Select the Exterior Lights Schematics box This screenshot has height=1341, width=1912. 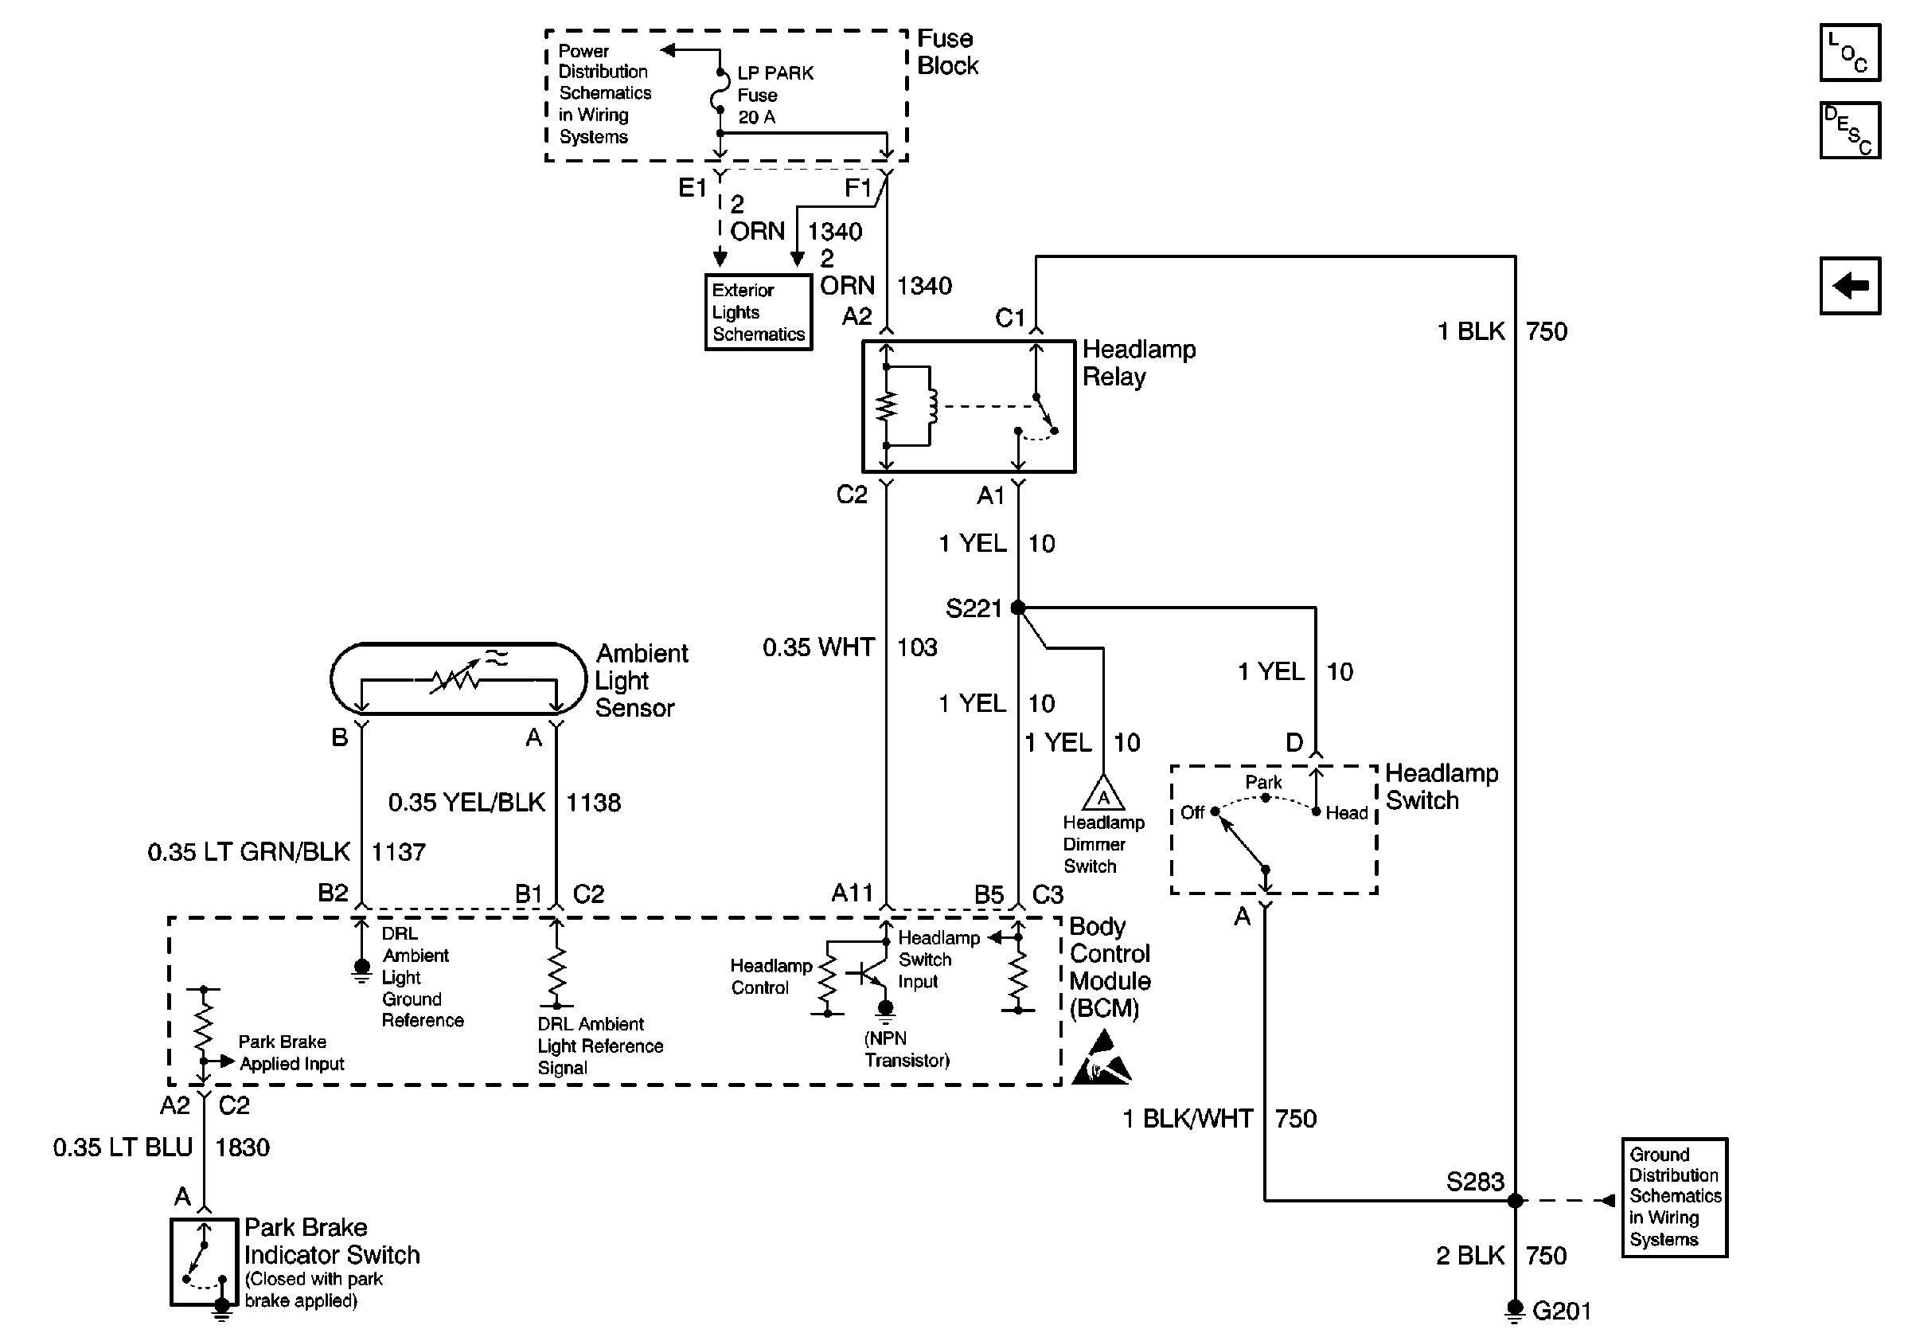[758, 312]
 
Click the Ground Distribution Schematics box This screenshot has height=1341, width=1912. [1674, 1197]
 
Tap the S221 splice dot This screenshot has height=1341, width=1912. [1017, 608]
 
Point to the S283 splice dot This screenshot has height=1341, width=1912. [1515, 1200]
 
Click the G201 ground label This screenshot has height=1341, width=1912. [1562, 1311]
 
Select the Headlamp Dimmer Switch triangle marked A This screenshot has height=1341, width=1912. [1103, 794]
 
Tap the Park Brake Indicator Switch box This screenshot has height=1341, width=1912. [204, 1262]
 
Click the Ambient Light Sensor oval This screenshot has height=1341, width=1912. [458, 678]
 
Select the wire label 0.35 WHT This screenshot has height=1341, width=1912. [817, 647]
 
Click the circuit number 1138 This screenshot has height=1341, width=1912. [593, 802]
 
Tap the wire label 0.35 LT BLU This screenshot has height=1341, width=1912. [123, 1147]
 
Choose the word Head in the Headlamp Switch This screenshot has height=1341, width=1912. [1347, 813]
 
